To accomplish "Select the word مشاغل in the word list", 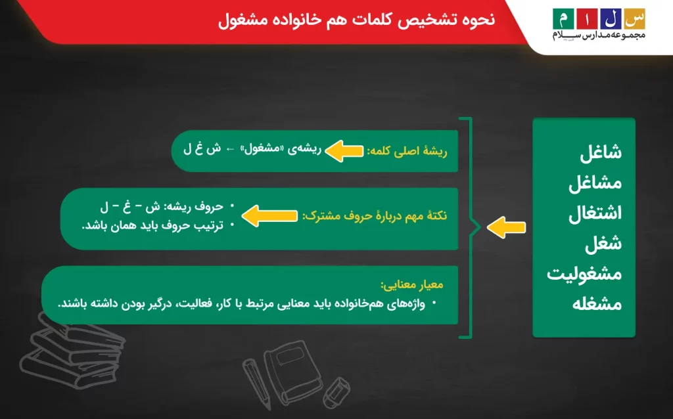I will click(x=595, y=183).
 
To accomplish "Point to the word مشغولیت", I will click(x=584, y=275).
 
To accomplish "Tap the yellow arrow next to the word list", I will click(x=507, y=227).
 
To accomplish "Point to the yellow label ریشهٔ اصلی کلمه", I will click(x=409, y=150).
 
